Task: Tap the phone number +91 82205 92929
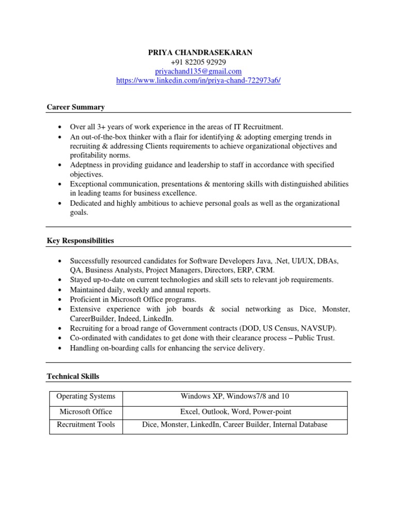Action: point(198,62)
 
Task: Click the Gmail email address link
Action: point(198,71)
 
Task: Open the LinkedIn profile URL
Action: point(198,81)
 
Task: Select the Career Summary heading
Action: point(75,107)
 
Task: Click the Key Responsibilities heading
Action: point(80,241)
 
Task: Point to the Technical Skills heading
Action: point(73,377)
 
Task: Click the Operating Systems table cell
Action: point(86,397)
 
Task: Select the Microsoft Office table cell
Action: point(86,412)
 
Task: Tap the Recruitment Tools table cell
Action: point(86,425)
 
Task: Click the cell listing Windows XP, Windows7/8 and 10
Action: point(235,397)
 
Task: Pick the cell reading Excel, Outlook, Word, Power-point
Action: point(235,412)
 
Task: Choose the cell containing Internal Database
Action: point(300,425)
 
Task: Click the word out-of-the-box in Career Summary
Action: point(103,137)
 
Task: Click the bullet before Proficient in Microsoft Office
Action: point(60,300)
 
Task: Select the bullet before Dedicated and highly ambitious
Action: point(60,204)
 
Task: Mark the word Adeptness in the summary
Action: point(88,165)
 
